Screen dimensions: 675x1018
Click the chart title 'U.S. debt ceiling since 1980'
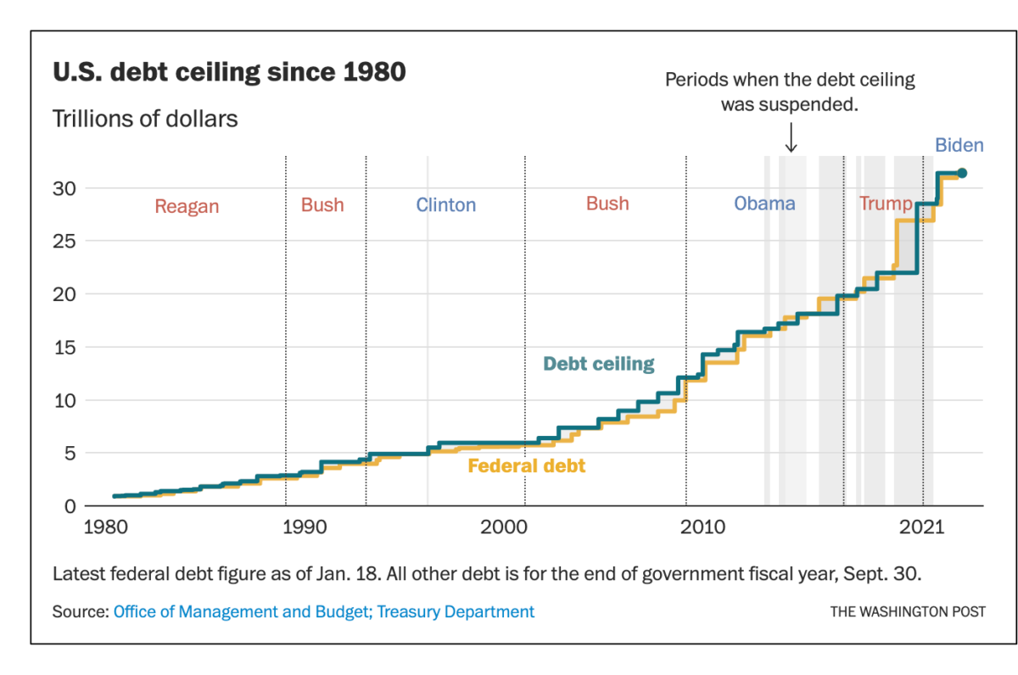229,73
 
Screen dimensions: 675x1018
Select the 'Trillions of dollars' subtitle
145,119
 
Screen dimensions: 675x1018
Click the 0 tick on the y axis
70,506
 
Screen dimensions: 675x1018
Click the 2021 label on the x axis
923,527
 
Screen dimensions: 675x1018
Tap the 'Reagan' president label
187,207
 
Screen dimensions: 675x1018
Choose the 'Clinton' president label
445,205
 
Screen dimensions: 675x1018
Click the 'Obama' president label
764,204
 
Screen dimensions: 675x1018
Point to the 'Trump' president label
885,204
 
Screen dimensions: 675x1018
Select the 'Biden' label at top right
959,145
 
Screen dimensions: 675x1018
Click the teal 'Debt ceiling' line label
598,364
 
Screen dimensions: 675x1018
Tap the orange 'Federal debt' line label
526,466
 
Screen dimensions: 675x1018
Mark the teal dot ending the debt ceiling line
961,173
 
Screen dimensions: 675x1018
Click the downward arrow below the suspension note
791,138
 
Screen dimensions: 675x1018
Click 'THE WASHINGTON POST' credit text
907,611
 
